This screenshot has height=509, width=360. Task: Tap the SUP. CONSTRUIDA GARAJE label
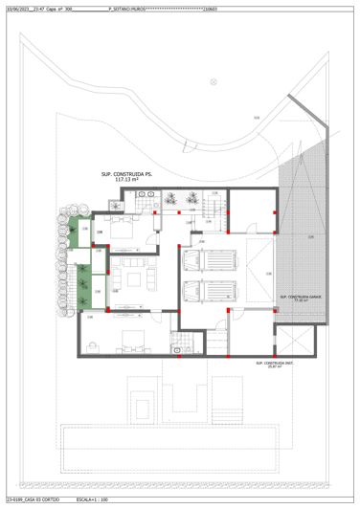click(x=300, y=297)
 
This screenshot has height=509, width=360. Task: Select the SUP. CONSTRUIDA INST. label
click(x=275, y=364)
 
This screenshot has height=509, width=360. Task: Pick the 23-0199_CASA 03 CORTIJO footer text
click(x=33, y=500)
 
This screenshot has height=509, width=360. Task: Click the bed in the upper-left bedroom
click(x=123, y=230)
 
